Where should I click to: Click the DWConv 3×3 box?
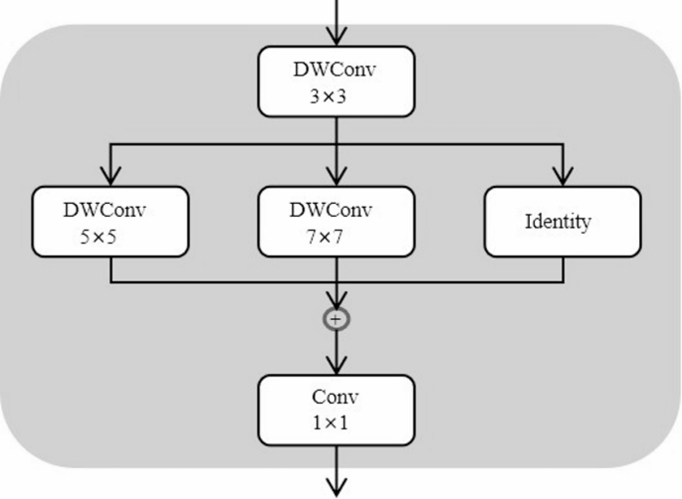[338, 81]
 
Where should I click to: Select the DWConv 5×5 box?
[111, 221]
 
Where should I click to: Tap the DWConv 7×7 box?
[338, 221]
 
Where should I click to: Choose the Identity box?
[564, 221]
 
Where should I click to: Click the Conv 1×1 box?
[338, 410]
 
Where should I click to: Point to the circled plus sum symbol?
[338, 318]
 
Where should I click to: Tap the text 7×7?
[325, 239]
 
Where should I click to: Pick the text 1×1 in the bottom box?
[330, 422]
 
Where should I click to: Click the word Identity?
[558, 221]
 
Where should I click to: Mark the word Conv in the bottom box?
[336, 397]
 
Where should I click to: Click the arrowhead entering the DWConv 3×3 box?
[338, 37]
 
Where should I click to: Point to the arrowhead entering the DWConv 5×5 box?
[111, 177]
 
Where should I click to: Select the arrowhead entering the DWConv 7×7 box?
[338, 177]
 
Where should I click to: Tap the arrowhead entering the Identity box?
[564, 177]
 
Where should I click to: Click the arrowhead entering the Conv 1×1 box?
[338, 366]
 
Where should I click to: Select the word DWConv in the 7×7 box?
[332, 210]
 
